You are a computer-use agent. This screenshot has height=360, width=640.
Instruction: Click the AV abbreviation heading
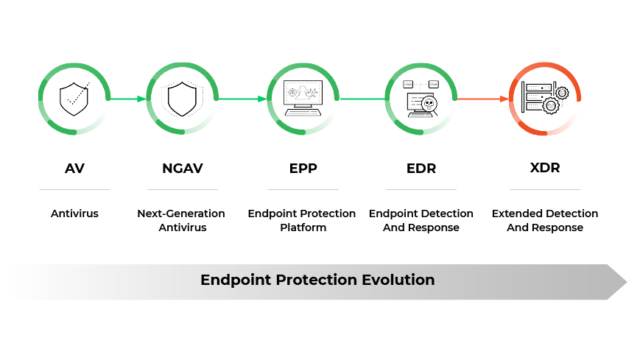click(x=74, y=168)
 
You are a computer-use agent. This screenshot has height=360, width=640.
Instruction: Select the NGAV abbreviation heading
click(x=182, y=168)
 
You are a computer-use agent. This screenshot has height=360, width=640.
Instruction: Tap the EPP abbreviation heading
click(x=303, y=168)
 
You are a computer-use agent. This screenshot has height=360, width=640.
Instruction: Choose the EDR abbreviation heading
click(x=421, y=168)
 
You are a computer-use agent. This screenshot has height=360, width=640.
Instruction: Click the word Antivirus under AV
click(x=74, y=213)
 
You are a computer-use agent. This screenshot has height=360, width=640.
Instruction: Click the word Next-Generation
click(x=181, y=213)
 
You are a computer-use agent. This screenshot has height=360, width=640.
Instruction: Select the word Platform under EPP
click(x=303, y=227)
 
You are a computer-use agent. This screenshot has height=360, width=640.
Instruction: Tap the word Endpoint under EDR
click(x=392, y=213)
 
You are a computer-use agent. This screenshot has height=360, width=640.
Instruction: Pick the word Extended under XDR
click(x=516, y=213)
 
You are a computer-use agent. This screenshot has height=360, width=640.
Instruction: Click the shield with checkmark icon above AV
click(x=74, y=99)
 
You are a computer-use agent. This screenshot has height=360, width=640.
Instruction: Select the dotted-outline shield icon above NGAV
click(x=182, y=99)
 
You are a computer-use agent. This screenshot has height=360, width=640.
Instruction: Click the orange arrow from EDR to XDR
click(x=482, y=99)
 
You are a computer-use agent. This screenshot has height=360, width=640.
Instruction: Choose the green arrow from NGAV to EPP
click(x=242, y=99)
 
